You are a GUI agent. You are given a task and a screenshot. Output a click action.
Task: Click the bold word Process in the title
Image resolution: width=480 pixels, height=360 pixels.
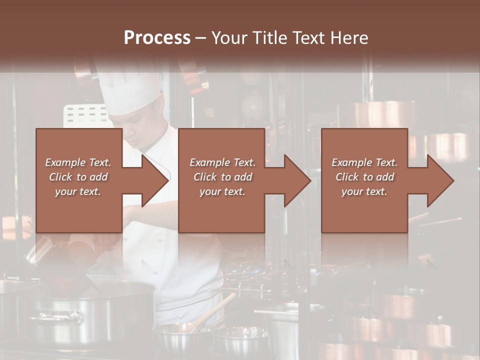[157, 38]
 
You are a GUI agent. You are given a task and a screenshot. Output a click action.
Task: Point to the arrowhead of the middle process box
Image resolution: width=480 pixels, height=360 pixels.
[296, 180]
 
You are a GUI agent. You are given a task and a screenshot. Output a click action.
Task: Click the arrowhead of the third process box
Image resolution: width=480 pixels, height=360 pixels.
[439, 180]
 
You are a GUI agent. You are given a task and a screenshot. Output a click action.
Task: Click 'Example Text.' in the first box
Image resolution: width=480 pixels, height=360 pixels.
[78, 162]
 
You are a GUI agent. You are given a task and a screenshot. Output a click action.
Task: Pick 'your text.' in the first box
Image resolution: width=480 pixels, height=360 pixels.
[78, 191]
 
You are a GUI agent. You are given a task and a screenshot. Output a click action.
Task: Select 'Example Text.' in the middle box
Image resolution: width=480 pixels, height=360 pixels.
[222, 162]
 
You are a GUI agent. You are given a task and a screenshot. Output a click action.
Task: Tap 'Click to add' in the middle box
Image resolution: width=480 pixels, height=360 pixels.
[222, 177]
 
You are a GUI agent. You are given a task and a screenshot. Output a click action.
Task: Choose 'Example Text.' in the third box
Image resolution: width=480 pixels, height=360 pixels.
[364, 162]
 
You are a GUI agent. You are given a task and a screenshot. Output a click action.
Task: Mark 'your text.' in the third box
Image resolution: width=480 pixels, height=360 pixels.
[364, 191]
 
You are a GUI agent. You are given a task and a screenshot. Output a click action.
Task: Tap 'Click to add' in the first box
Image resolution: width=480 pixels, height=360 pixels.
[78, 177]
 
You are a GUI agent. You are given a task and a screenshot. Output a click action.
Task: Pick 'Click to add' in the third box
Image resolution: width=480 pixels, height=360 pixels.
[364, 177]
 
